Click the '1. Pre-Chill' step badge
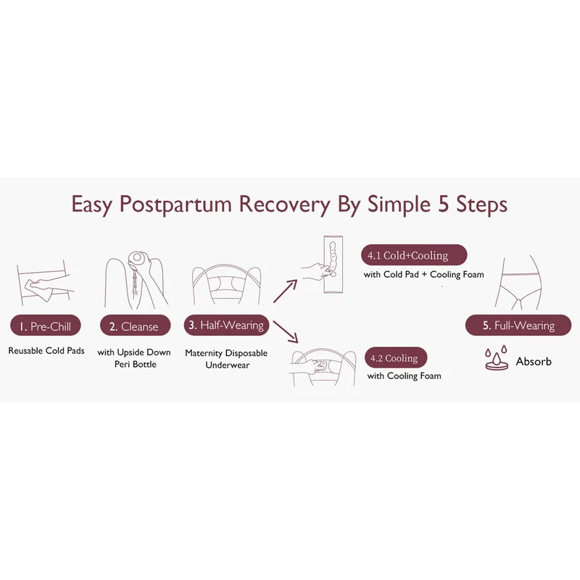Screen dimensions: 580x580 [x=46, y=326]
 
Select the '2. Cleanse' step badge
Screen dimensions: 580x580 [x=135, y=326]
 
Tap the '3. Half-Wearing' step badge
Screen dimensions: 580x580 [x=226, y=325]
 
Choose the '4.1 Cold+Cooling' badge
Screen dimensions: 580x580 [x=414, y=255]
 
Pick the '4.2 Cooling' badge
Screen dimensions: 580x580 [x=396, y=357]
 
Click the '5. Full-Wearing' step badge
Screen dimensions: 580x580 [x=518, y=325]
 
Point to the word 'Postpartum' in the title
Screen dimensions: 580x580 [x=175, y=204]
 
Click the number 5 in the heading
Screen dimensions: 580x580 [x=443, y=204]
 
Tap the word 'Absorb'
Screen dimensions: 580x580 [x=534, y=361]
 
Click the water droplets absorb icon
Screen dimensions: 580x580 [x=496, y=357]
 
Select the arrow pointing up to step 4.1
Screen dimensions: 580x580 [x=285, y=291]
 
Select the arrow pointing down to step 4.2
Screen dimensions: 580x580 [x=285, y=331]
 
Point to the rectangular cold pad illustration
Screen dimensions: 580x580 [x=333, y=264]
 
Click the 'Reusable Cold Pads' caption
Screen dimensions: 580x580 [x=46, y=350]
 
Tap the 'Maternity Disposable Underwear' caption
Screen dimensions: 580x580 [x=226, y=359]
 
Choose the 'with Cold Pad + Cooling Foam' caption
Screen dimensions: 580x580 [x=423, y=275]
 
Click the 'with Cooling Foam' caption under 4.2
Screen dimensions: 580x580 [x=405, y=376]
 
